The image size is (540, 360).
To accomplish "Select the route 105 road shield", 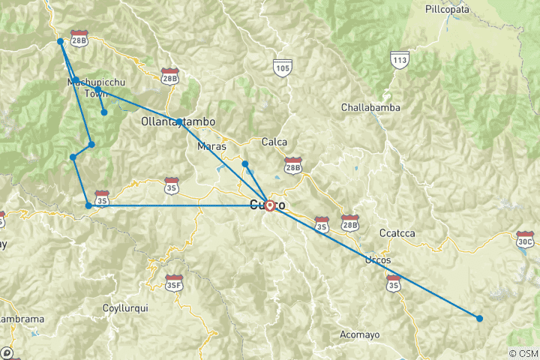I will (x=281, y=67).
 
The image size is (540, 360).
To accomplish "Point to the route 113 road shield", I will (x=399, y=58).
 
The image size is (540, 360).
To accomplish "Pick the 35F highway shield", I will (x=175, y=283).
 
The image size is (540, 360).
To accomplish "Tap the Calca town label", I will (x=274, y=142).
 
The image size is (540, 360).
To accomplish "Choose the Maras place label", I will (x=211, y=146).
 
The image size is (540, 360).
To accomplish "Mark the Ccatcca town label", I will (x=397, y=232).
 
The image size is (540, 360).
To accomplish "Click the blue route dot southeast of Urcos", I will (x=479, y=319).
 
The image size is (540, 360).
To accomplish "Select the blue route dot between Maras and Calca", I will (x=244, y=163).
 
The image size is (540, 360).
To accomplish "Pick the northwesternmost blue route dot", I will (x=60, y=42).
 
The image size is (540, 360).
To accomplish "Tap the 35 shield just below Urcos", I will (x=393, y=283).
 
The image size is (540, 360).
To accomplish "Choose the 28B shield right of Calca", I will (x=292, y=164).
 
